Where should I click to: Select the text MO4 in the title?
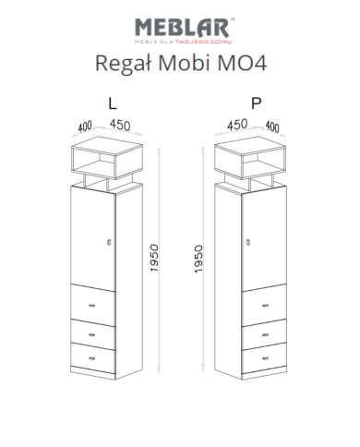[x=243, y=63]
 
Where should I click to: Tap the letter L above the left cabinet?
[x=112, y=103]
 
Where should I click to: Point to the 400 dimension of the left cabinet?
[x=85, y=127]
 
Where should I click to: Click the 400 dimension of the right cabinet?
[x=271, y=127]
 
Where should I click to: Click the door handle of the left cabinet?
[x=110, y=242]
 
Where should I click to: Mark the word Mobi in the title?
[x=184, y=63]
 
